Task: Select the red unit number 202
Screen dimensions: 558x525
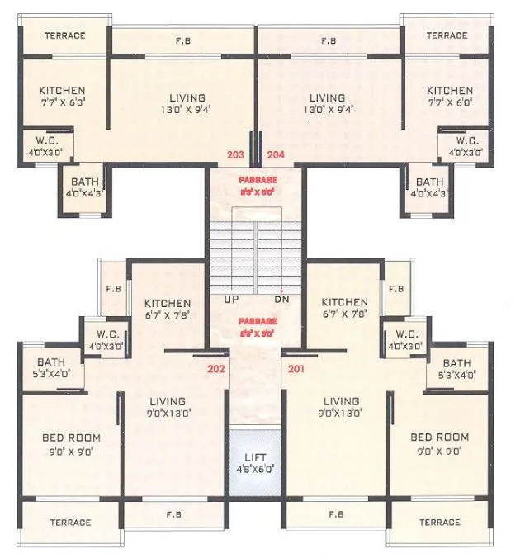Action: pyautogui.click(x=215, y=368)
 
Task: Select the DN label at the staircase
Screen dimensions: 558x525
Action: pyautogui.click(x=281, y=299)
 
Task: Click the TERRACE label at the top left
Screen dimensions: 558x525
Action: pyautogui.click(x=64, y=36)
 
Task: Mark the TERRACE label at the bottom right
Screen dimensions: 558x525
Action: pyautogui.click(x=439, y=523)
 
